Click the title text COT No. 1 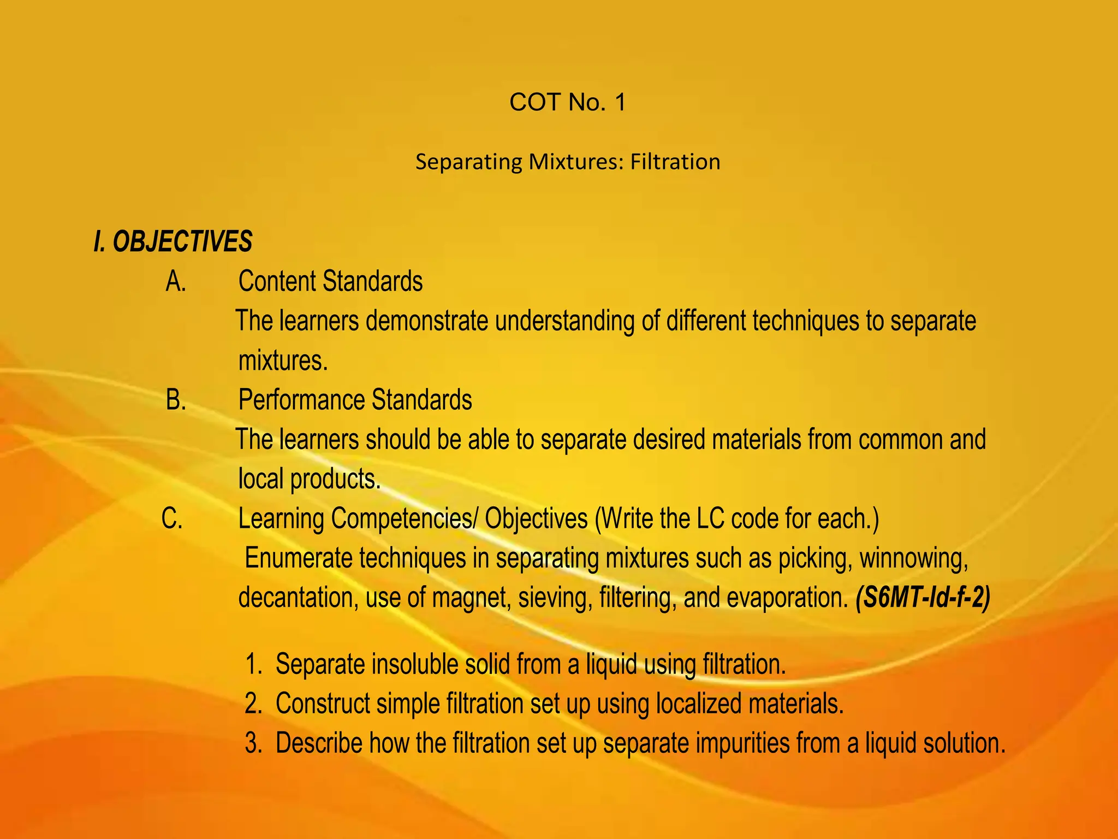[567, 102]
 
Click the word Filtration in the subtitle [675, 162]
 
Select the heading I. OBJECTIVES [173, 241]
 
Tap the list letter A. [176, 282]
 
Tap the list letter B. [176, 400]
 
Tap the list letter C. [173, 518]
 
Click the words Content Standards [330, 282]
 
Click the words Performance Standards [355, 400]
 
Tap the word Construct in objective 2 [323, 704]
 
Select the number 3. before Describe [254, 743]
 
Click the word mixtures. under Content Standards [283, 361]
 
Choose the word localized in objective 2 [698, 704]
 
